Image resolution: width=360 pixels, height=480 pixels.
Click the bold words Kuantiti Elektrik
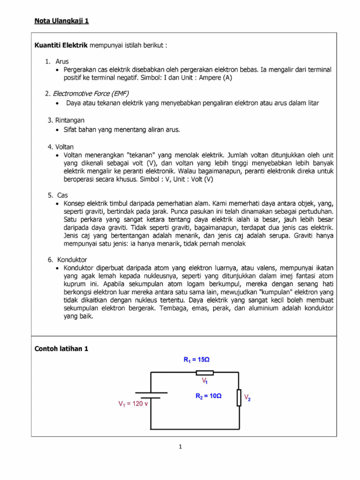coord(61,45)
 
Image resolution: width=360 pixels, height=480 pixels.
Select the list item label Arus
coord(62,61)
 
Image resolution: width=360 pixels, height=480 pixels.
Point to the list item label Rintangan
coord(69,120)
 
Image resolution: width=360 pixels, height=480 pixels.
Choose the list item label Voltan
coord(64,147)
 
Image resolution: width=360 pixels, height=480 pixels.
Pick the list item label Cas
coord(63,195)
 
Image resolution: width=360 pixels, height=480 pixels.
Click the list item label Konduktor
coord(72,259)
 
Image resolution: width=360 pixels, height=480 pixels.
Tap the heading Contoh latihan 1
coord(61,349)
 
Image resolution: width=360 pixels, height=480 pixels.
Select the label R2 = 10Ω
coord(208,396)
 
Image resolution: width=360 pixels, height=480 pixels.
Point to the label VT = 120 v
coord(132,403)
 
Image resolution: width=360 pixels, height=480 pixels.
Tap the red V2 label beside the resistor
coord(247,397)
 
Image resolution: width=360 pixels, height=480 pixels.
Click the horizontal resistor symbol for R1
coord(204,373)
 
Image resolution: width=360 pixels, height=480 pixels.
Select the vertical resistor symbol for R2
coord(239,397)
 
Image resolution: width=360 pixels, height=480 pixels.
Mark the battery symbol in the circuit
coord(151,395)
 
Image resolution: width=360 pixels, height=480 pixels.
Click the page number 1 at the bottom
coord(180,447)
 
